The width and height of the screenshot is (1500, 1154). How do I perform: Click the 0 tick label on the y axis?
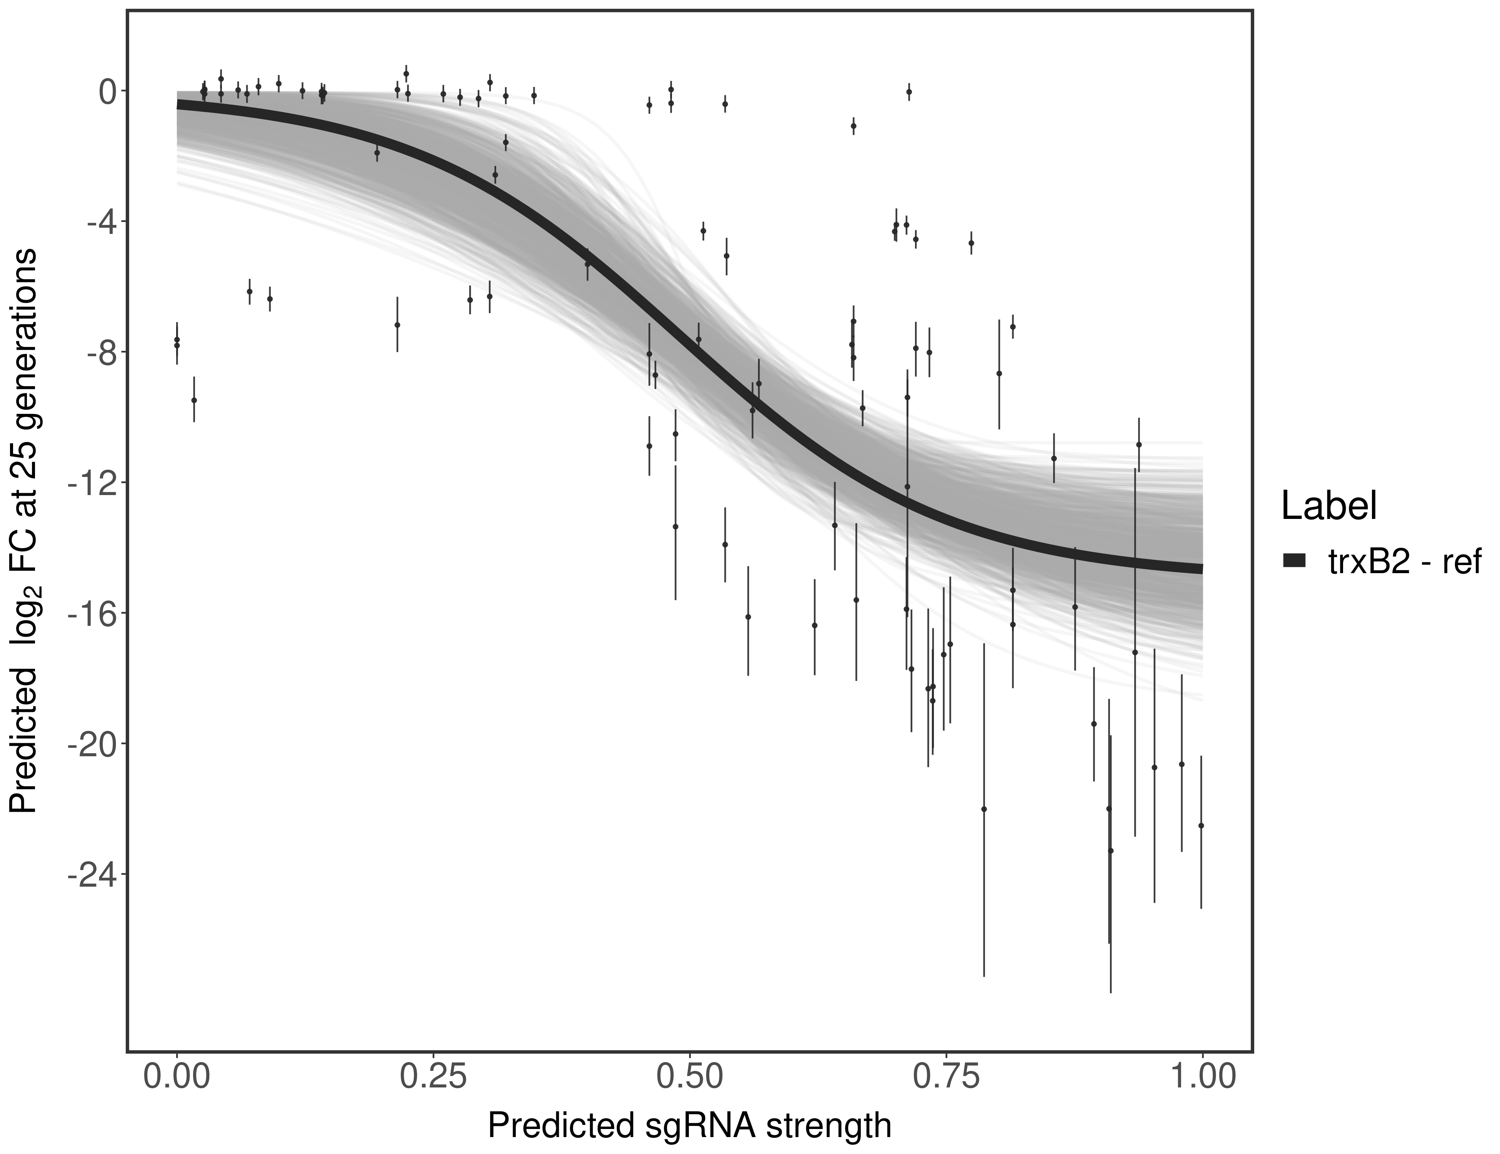click(108, 92)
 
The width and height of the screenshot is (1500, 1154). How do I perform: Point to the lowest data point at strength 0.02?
click(194, 400)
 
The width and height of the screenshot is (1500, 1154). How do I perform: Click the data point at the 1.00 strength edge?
click(1200, 825)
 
